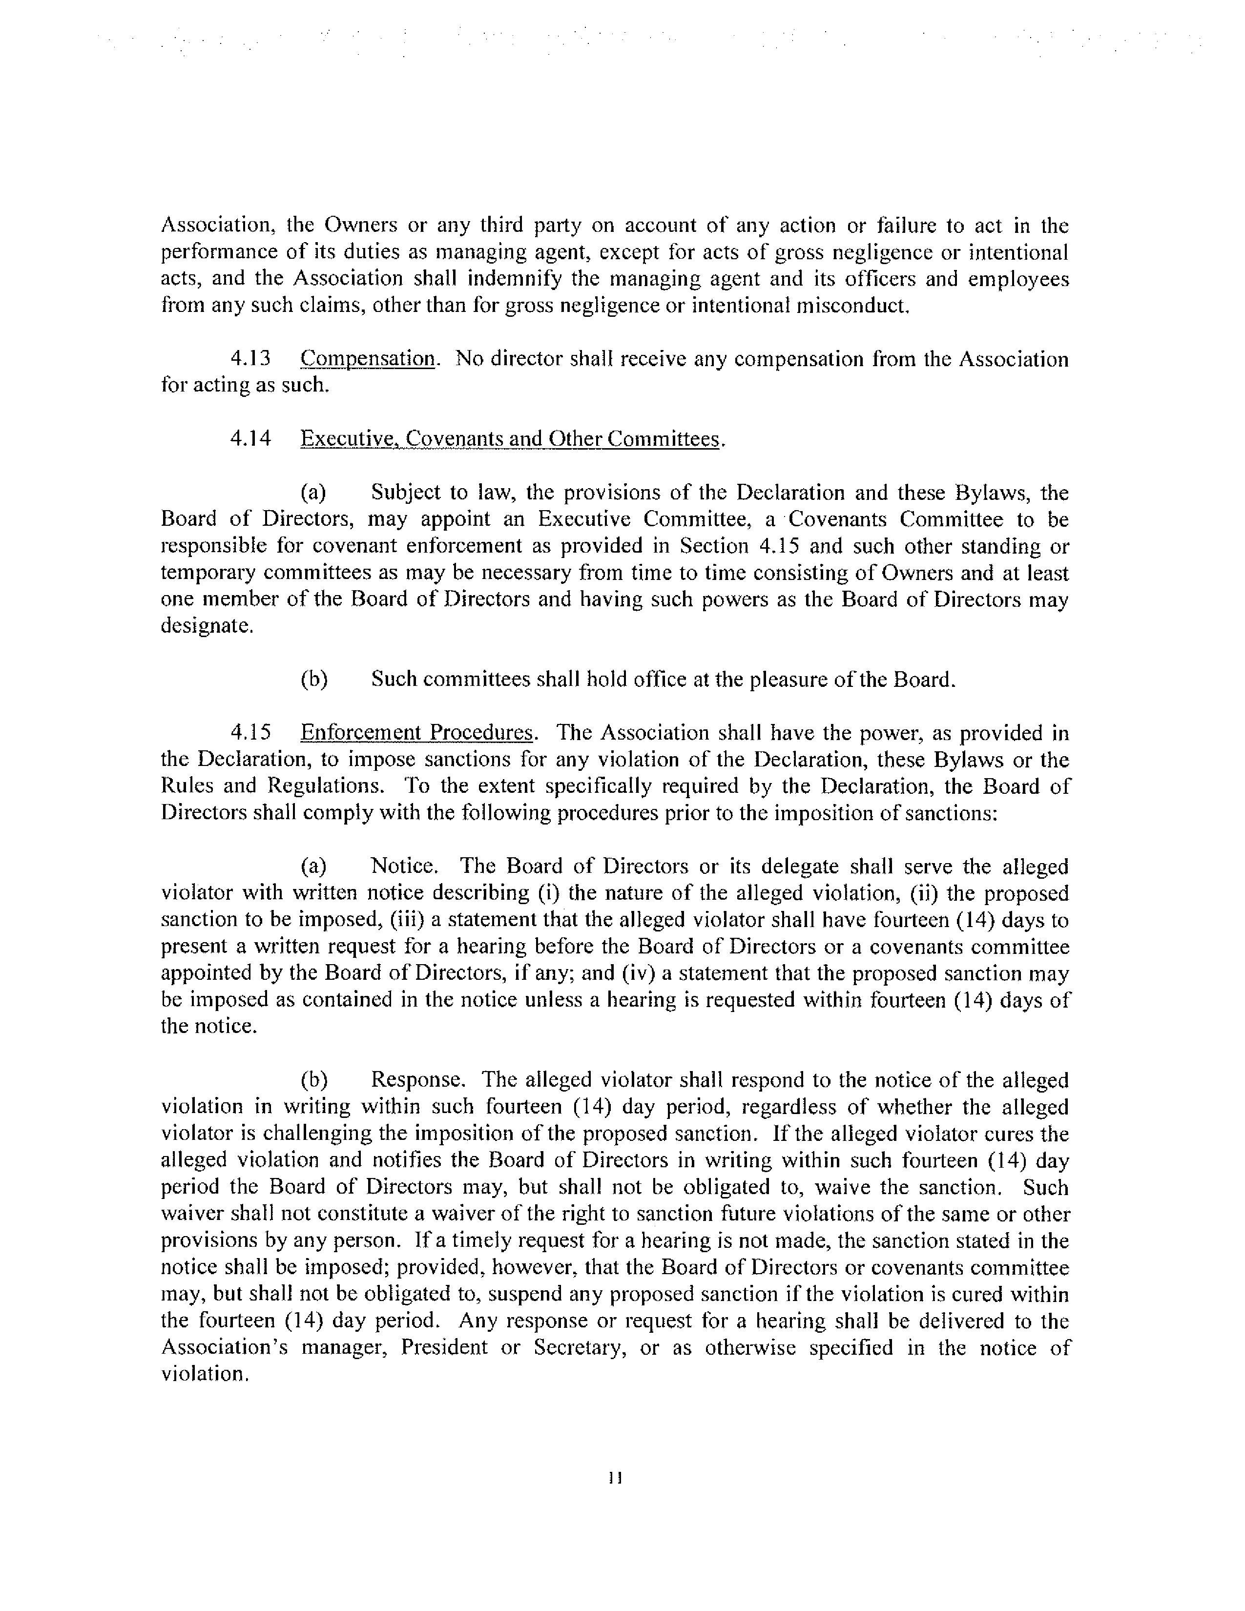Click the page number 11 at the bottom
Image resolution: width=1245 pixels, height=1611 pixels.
[616, 1478]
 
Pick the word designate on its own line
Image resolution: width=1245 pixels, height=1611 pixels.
[207, 626]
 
